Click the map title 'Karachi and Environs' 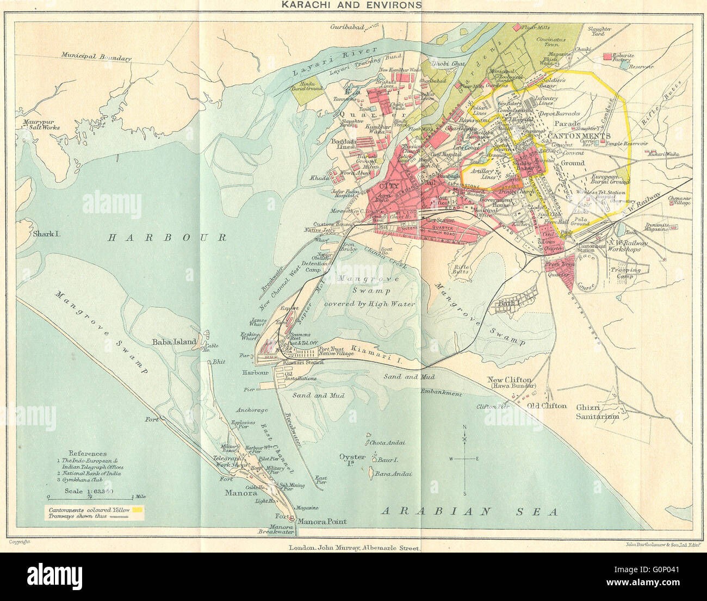click(x=350, y=5)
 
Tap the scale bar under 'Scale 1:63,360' click(x=89, y=497)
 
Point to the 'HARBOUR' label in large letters click(x=166, y=237)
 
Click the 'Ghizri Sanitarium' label click(x=598, y=412)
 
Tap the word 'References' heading click(x=88, y=453)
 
